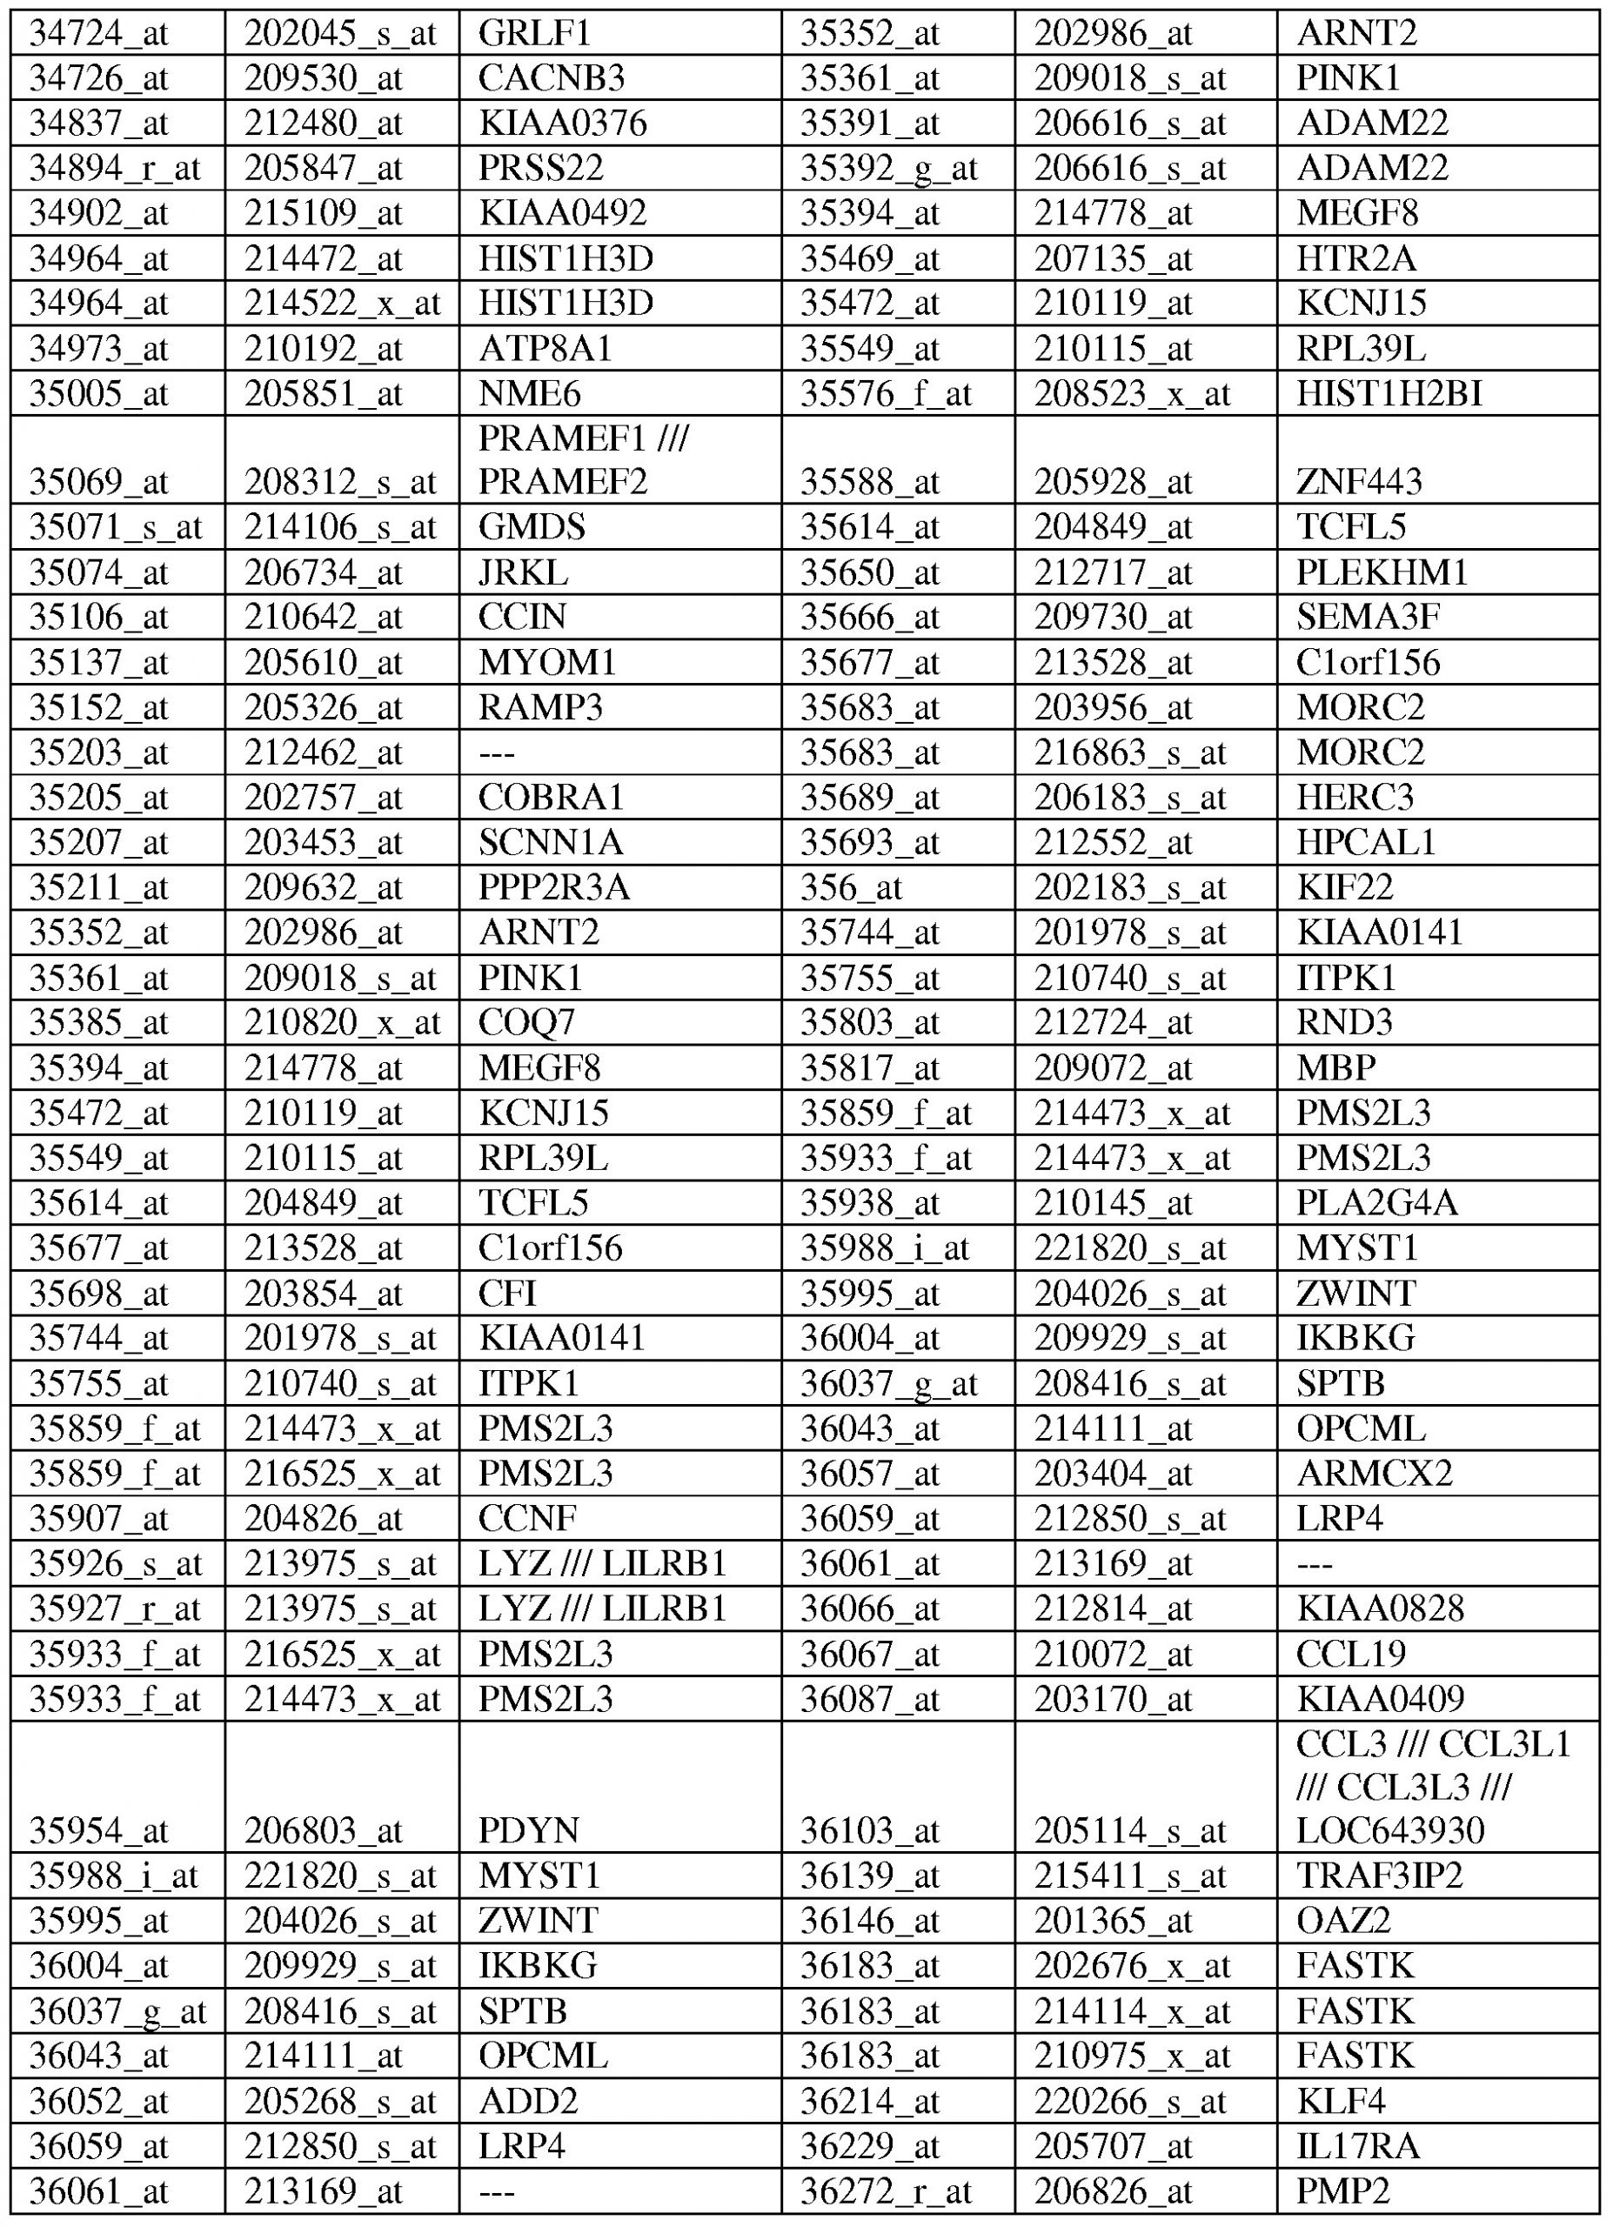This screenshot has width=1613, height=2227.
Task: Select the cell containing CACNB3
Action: click(x=551, y=78)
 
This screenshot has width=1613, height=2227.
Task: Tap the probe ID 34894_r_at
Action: click(x=115, y=169)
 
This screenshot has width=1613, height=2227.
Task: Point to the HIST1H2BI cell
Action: click(x=1389, y=394)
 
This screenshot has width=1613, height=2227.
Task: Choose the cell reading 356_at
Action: click(x=850, y=887)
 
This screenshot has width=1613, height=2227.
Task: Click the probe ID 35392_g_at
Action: click(x=888, y=169)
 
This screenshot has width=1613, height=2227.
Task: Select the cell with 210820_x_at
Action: click(x=343, y=1023)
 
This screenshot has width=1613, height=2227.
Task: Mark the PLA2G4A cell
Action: click(x=1376, y=1203)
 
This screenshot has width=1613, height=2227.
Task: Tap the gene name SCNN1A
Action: click(x=551, y=842)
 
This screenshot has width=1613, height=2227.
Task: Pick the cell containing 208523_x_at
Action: click(x=1132, y=394)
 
